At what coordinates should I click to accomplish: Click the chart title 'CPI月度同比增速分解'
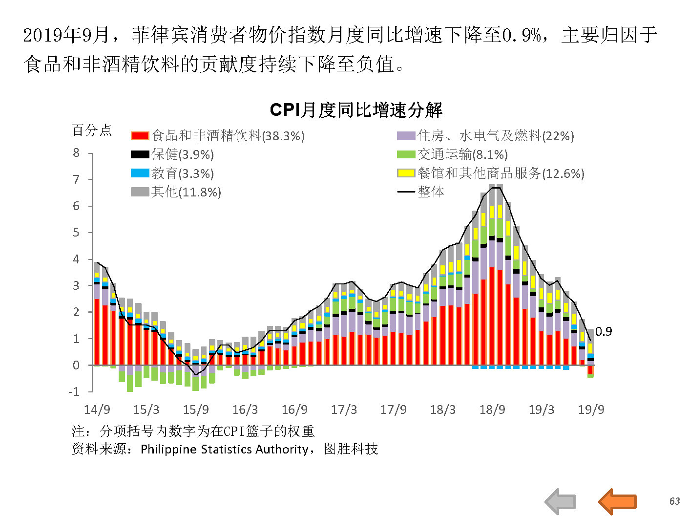[356, 110]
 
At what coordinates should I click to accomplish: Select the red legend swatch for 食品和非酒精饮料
[140, 136]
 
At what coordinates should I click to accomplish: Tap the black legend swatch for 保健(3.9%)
[140, 154]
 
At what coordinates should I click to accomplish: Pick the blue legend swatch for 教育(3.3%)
[140, 173]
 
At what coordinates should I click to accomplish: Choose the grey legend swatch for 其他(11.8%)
[140, 192]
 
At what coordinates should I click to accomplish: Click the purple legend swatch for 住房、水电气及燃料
[406, 136]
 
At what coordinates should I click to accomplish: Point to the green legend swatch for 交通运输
[406, 154]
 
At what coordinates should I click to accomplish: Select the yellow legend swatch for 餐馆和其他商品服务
[406, 173]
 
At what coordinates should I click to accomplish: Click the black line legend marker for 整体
[406, 192]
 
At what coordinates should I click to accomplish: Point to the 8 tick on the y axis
[76, 153]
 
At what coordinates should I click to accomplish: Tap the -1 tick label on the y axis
[74, 391]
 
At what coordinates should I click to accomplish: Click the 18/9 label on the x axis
[492, 409]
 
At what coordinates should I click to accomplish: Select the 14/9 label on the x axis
[97, 409]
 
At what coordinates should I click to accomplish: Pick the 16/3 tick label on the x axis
[245, 409]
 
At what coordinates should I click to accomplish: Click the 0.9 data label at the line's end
[604, 331]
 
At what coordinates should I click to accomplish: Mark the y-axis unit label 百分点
[92, 130]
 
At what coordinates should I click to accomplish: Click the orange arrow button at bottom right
[617, 501]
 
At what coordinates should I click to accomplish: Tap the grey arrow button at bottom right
[560, 501]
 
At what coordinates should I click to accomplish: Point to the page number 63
[674, 501]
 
